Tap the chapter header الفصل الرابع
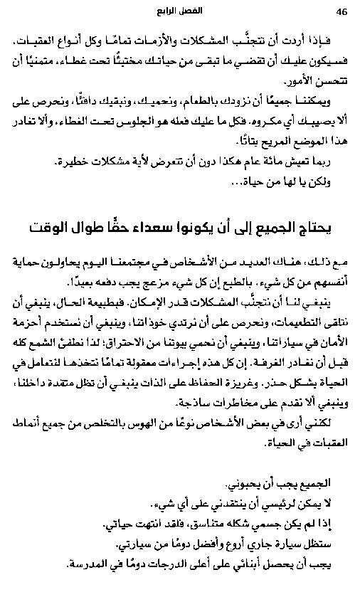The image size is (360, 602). pos(180,12)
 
